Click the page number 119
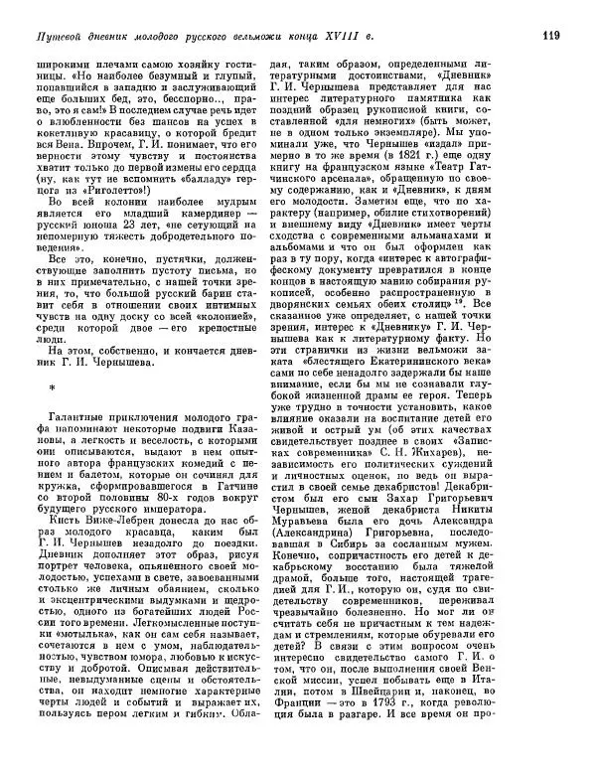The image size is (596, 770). pyautogui.click(x=553, y=38)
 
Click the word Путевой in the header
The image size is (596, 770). pyautogui.click(x=59, y=39)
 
